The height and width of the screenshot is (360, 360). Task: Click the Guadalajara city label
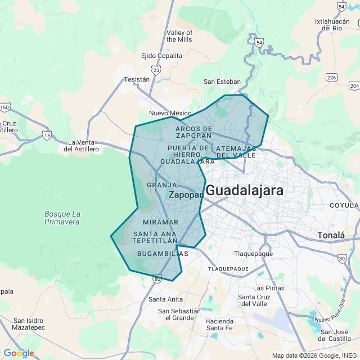click(x=244, y=191)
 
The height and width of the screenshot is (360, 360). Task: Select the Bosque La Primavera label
click(x=62, y=218)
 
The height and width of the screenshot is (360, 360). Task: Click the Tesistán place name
click(x=137, y=79)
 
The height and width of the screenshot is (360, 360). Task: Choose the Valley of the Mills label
click(x=179, y=36)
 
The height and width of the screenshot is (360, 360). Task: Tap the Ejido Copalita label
click(x=161, y=56)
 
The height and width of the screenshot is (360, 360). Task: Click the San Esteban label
click(x=222, y=82)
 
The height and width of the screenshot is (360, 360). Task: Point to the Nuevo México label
click(x=170, y=113)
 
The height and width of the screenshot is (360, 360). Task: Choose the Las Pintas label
click(x=268, y=288)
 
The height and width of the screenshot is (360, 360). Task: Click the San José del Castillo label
click(x=335, y=335)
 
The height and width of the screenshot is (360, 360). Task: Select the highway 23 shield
click(x=156, y=70)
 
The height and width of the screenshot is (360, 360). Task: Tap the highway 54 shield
click(x=258, y=42)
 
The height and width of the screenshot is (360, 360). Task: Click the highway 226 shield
click(x=331, y=77)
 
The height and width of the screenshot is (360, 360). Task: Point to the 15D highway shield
click(x=4, y=106)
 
